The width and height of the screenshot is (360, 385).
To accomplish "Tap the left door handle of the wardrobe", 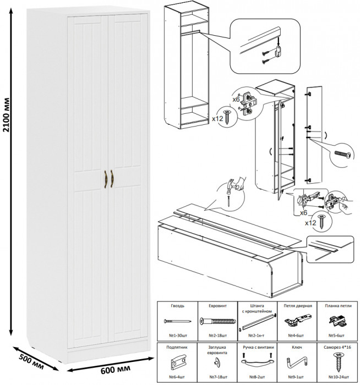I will click(103, 178).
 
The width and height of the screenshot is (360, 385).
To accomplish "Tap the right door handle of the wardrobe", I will click(112, 178).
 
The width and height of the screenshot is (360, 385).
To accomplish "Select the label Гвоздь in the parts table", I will click(177, 306).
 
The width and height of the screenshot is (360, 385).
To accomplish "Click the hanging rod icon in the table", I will click(257, 321).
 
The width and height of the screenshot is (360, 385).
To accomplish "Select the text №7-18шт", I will click(217, 376).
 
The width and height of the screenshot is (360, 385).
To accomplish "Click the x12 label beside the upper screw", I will click(216, 118).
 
